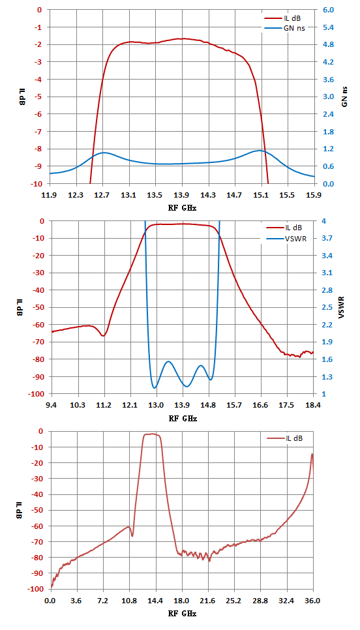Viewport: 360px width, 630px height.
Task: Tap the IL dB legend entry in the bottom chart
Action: click(x=284, y=438)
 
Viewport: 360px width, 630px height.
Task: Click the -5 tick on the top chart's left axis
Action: click(x=39, y=97)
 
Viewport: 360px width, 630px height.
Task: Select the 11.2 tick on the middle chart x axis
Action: click(x=104, y=405)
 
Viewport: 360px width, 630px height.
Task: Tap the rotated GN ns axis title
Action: click(x=345, y=97)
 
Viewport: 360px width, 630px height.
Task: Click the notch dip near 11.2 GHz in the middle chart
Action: click(x=104, y=335)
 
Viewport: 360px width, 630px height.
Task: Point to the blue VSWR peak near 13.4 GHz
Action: click(x=168, y=361)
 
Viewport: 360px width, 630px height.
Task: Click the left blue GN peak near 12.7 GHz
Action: click(x=104, y=153)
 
